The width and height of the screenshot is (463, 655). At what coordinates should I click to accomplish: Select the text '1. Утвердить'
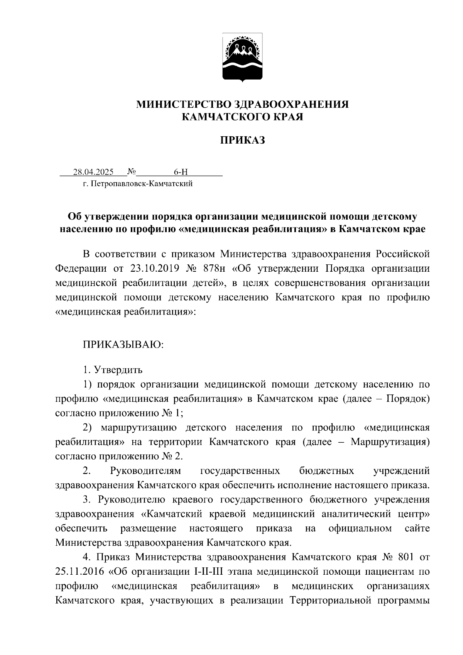[x=113, y=370]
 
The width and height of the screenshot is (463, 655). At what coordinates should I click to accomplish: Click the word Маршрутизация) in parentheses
[x=390, y=442]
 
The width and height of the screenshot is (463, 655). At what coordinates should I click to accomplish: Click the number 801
[x=403, y=557]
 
